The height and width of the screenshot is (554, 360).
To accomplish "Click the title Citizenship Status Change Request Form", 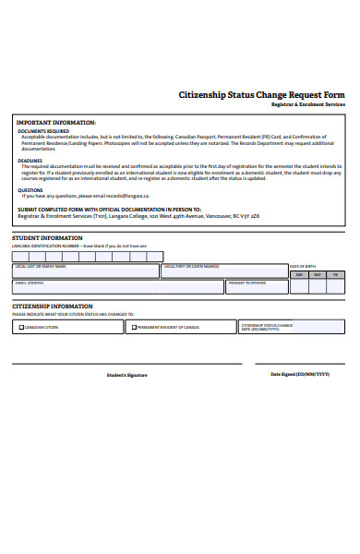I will pos(260,95).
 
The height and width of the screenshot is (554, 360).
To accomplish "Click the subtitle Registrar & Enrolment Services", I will pos(307,105).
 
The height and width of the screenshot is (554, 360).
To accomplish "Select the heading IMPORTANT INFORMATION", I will pos(56,122).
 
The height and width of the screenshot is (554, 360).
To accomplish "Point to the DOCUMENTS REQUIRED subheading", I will pos(43,131).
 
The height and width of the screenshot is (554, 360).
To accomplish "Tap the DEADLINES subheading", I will pos(30,159).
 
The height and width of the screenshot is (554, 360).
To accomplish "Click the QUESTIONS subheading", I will pos(30,190).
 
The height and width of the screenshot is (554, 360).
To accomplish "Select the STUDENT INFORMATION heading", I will pos(47,238).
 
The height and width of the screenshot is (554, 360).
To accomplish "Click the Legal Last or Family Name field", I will pos(84,271).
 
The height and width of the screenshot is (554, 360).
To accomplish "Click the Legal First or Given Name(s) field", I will pos(222,271).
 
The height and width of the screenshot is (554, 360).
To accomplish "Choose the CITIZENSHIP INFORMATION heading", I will pos(52,306).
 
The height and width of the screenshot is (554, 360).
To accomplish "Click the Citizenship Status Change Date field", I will pos(291,327).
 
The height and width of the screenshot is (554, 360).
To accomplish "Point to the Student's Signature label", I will pos(126,375).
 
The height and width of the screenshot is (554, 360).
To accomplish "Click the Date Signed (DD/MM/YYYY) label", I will pos(299,374).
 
